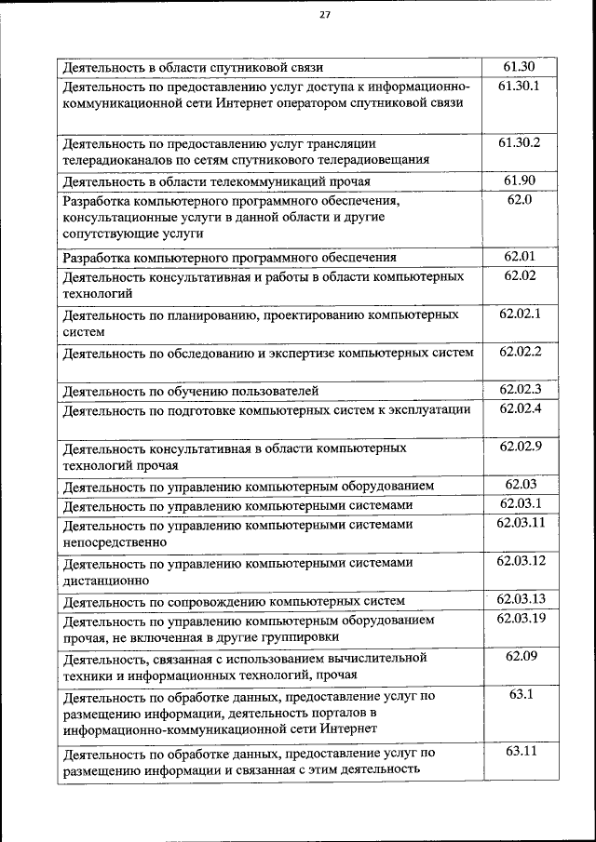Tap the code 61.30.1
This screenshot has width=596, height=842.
coord(520,87)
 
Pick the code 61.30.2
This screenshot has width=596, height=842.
coord(520,142)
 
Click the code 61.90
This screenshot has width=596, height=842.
coord(520,180)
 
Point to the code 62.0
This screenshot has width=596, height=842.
coord(520,199)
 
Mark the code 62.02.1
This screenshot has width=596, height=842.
coord(520,314)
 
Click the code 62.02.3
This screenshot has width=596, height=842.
coord(520,389)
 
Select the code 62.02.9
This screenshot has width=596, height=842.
coord(520,447)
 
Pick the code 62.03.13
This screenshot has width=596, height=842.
coord(520,598)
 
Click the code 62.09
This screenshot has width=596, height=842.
coord(520,656)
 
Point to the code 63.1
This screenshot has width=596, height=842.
coord(520,694)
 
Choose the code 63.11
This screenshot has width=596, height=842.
coord(520,751)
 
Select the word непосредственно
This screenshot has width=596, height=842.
coord(115,541)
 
